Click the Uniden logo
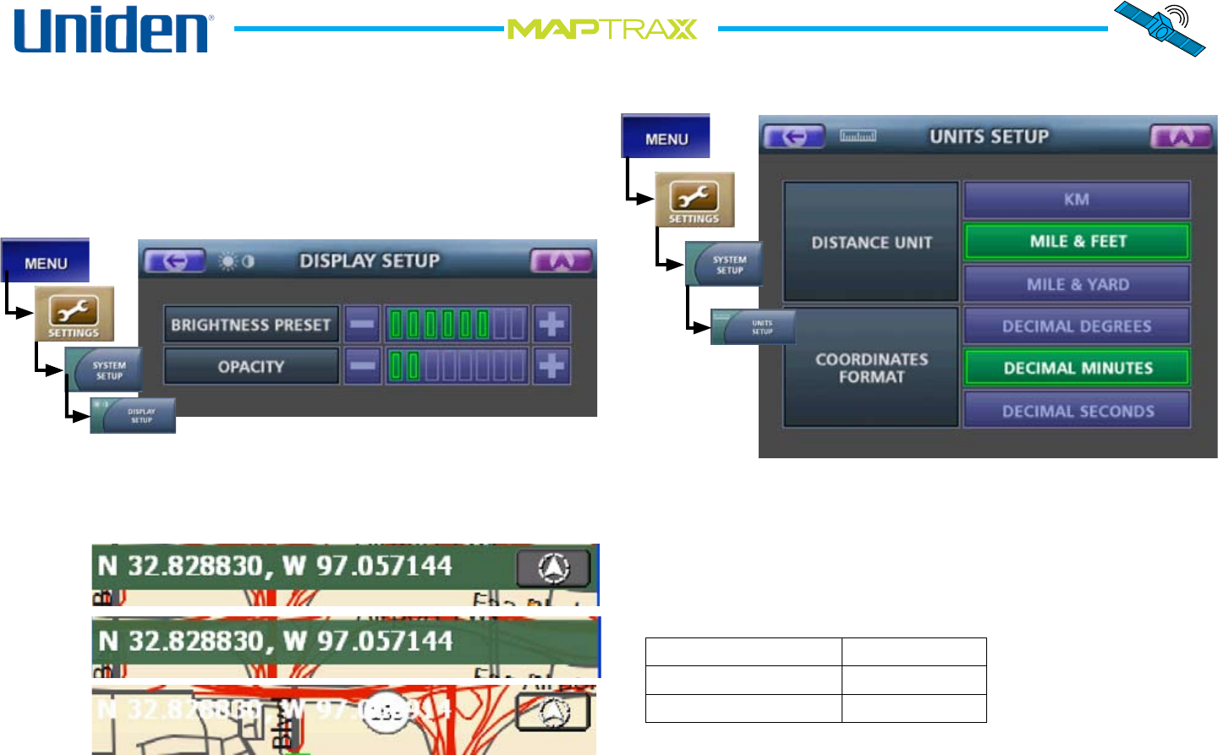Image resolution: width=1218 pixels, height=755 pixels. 113,30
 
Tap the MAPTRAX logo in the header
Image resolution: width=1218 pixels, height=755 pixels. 602,30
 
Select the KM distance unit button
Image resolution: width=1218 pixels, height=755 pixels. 1077,200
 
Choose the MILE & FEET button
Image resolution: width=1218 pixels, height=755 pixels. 1077,242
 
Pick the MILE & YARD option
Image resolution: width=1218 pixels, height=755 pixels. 1077,284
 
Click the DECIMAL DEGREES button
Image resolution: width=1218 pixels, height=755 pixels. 1077,326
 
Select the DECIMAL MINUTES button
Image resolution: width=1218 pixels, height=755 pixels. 1077,368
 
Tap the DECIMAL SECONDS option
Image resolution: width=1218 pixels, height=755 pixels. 1077,411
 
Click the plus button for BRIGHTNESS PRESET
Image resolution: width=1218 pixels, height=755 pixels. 551,324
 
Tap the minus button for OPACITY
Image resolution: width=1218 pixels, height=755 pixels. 362,366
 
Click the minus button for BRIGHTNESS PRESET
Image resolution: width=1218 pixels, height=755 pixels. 362,324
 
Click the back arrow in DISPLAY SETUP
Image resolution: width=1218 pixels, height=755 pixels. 175,261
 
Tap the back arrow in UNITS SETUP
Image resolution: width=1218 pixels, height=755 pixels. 793,137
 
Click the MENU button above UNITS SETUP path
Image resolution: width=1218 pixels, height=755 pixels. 666,138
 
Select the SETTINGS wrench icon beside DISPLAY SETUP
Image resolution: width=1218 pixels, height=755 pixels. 74,314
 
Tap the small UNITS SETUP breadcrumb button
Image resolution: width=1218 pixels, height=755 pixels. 754,327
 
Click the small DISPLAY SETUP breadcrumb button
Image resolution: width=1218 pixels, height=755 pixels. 134,416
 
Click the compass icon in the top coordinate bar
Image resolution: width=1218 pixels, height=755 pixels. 553,568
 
